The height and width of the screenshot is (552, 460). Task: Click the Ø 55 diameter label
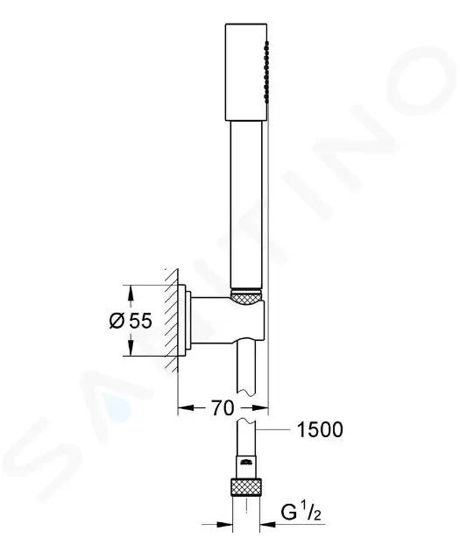point(131,321)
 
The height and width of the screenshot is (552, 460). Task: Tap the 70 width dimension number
point(222,408)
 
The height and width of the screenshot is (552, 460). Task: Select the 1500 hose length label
point(320,429)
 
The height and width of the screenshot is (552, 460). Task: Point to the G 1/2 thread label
point(301,513)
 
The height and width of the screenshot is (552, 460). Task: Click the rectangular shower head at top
point(246,72)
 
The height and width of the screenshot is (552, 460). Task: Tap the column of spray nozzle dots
point(266,72)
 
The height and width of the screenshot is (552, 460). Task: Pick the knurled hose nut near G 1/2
point(246,487)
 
